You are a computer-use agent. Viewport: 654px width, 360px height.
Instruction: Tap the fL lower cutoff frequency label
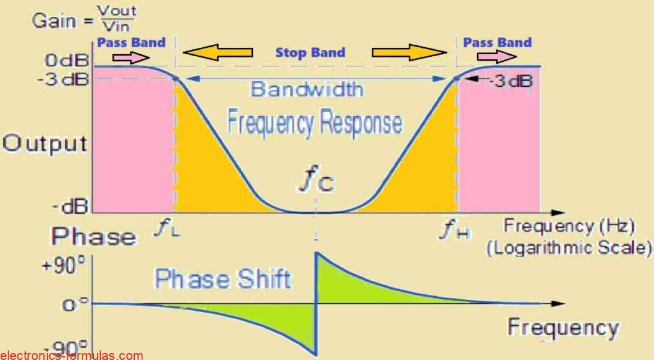(x=167, y=229)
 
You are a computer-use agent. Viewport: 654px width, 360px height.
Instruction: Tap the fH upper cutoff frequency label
(x=455, y=229)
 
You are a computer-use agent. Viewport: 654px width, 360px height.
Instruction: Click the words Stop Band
(x=310, y=52)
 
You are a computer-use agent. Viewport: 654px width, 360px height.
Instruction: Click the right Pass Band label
(x=497, y=43)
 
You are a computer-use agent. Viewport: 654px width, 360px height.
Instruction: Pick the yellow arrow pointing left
(x=221, y=52)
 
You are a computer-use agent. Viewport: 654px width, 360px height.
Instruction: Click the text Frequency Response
(x=315, y=122)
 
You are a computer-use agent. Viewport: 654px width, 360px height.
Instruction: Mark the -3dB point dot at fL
(x=175, y=79)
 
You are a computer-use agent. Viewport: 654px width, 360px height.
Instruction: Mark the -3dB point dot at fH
(x=456, y=79)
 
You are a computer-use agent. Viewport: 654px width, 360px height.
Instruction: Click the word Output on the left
(x=44, y=143)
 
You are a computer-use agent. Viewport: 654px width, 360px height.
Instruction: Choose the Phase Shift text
(x=224, y=279)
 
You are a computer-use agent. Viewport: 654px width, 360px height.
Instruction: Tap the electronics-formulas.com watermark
(x=72, y=356)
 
